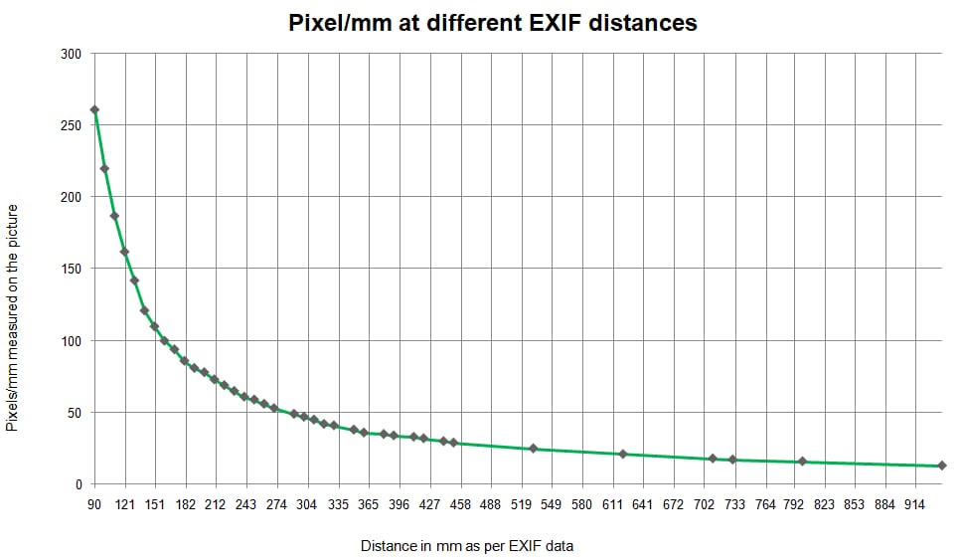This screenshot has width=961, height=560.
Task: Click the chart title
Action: click(493, 23)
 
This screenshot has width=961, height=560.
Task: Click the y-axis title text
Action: click(12, 317)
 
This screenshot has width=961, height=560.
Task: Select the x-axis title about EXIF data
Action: click(467, 546)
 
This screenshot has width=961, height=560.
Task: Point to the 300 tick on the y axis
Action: click(72, 54)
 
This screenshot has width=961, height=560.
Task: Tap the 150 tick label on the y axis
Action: click(72, 269)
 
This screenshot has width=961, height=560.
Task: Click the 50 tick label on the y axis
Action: click(75, 413)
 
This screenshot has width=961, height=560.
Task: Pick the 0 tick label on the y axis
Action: click(79, 484)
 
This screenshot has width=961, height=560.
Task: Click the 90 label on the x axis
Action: click(94, 505)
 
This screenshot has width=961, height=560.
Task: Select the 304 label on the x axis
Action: click(307, 505)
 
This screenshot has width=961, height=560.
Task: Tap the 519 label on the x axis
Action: click(521, 505)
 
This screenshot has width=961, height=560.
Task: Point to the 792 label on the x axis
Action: click(794, 505)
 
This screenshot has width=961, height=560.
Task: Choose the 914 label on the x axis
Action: click(914, 505)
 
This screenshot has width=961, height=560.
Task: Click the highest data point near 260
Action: click(94, 110)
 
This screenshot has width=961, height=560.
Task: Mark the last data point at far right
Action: click(942, 466)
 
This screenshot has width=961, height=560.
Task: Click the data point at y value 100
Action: click(164, 340)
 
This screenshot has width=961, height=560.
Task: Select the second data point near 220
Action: click(104, 169)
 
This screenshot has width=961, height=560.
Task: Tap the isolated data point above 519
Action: click(534, 449)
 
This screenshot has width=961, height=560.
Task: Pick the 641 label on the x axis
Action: click(642, 505)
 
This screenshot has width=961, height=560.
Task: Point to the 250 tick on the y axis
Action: click(72, 125)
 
